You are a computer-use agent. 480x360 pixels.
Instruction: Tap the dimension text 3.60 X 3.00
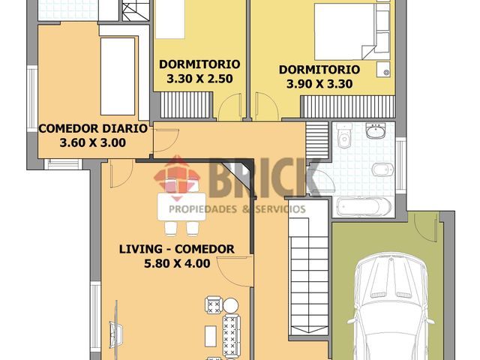click(x=92, y=142)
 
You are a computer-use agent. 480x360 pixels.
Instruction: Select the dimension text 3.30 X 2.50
click(x=199, y=78)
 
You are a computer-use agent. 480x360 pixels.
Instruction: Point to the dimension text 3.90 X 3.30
click(x=319, y=84)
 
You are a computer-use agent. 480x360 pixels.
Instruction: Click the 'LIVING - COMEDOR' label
click(x=177, y=249)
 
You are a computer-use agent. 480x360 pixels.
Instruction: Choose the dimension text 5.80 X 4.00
click(x=178, y=263)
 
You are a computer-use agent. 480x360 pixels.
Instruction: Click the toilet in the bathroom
click(x=344, y=136)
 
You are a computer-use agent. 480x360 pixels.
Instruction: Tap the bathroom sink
click(x=374, y=131)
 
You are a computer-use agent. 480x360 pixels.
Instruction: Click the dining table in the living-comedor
click(x=178, y=206)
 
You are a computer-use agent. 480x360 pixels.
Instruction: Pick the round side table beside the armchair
click(x=232, y=304)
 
